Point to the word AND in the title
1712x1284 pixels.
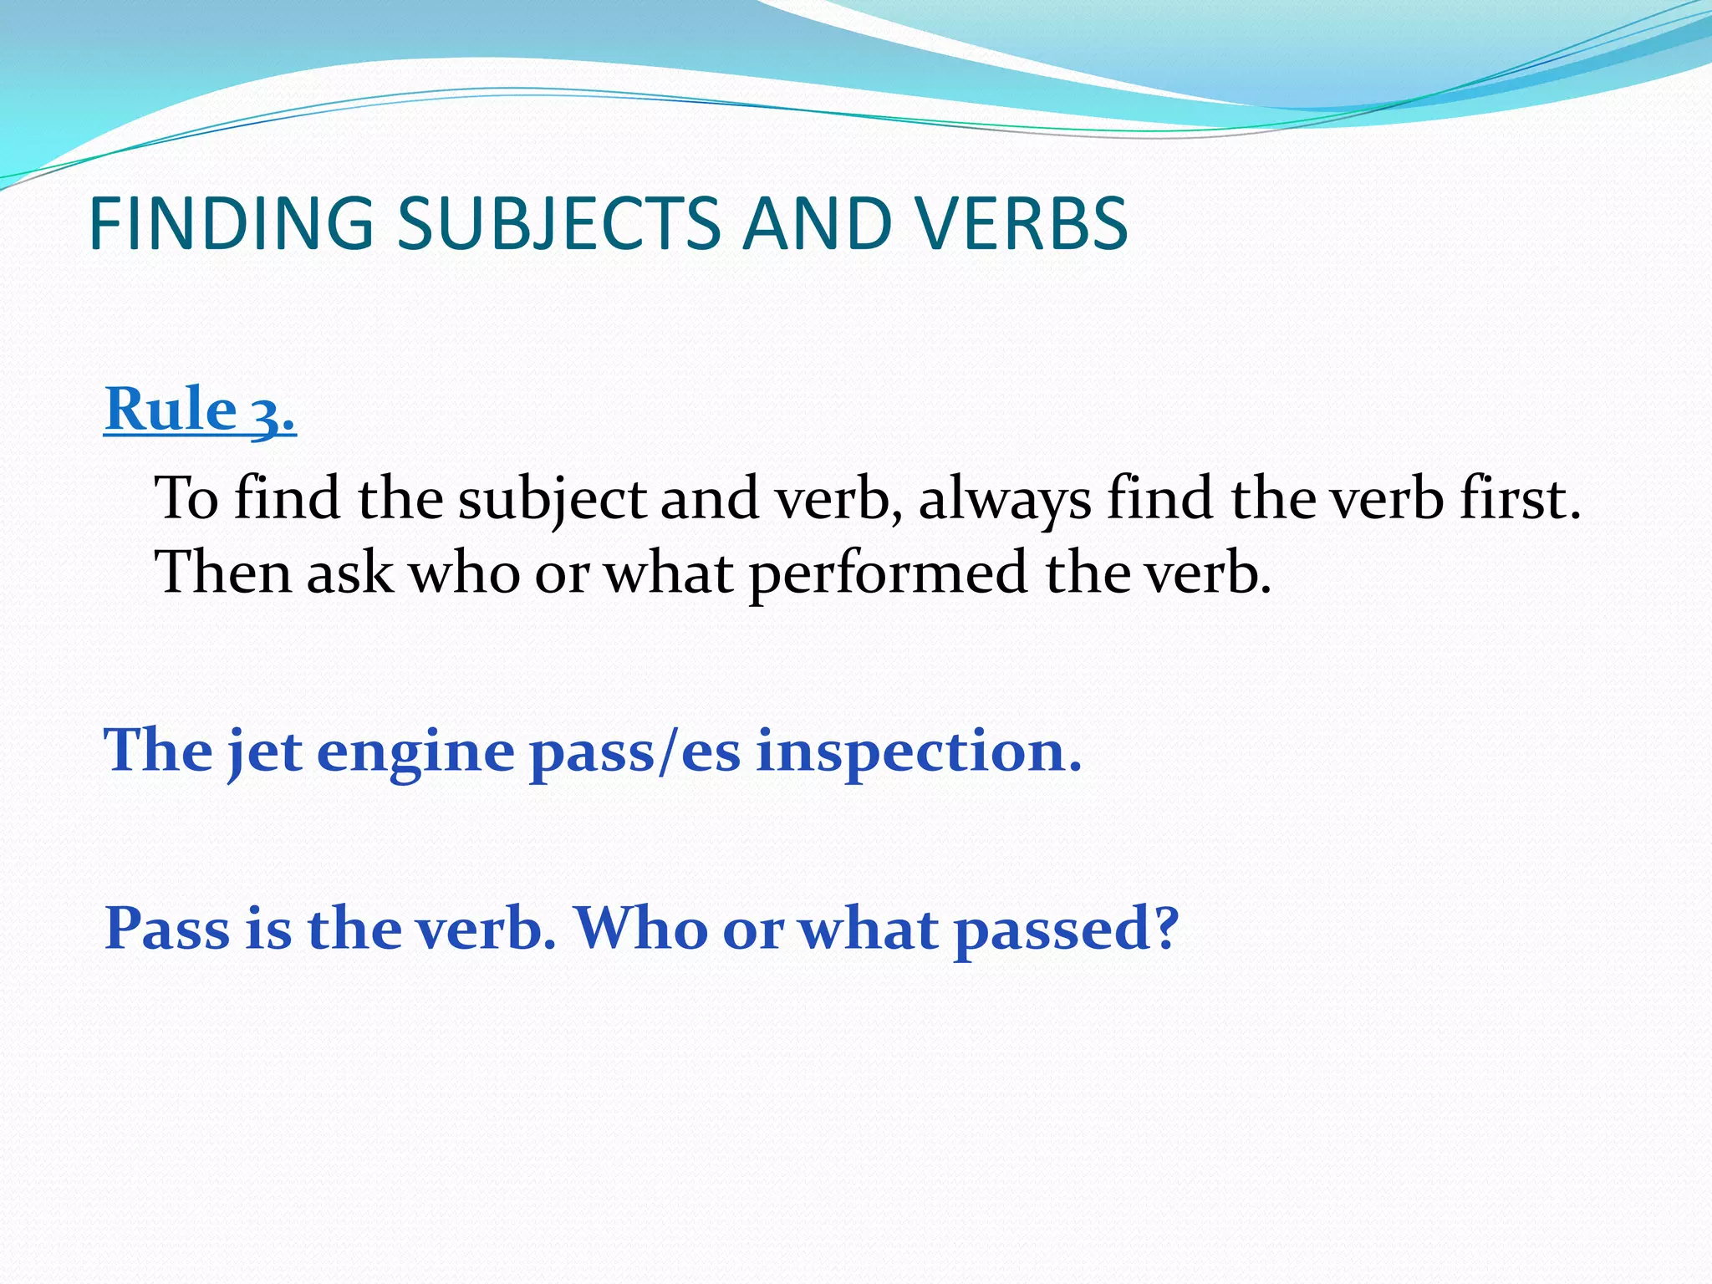(x=817, y=223)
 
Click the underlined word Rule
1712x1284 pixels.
(x=171, y=410)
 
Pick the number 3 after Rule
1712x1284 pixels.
(x=267, y=413)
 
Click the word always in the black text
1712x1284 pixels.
(x=1004, y=500)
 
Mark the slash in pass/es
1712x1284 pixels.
(x=666, y=752)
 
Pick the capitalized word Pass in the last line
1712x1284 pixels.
(x=167, y=928)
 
